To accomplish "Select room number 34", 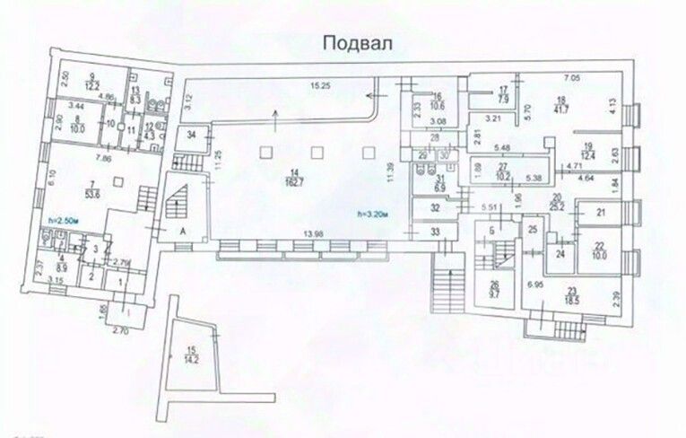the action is click(x=189, y=136).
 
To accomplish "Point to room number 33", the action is click(x=436, y=232).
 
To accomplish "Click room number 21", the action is click(x=603, y=212).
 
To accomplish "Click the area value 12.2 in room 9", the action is click(x=91, y=85).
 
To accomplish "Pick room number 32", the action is click(x=435, y=208).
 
